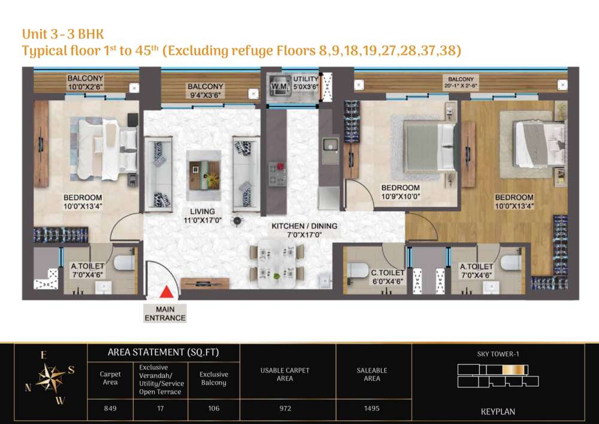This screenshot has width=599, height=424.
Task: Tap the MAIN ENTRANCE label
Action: [x=165, y=314]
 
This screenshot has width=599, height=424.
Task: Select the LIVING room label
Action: [x=202, y=216]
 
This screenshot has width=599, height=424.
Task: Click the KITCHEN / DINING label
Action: [x=304, y=230]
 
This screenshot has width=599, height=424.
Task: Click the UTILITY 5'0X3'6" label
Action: [x=305, y=83]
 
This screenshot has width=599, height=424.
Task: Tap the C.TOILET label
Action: [x=388, y=277]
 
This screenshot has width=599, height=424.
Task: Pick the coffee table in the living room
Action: [x=204, y=175]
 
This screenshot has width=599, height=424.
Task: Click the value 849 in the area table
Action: [x=110, y=408]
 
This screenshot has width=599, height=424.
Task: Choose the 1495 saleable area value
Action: [x=372, y=408]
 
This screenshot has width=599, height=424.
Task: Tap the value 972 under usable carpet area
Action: [x=285, y=408]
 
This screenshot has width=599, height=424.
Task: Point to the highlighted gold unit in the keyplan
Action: [x=513, y=369]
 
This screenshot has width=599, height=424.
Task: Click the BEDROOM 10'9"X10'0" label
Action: [x=400, y=192]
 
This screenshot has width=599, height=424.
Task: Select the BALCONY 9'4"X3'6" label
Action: [x=205, y=91]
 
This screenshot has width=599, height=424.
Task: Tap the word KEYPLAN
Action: [x=498, y=412]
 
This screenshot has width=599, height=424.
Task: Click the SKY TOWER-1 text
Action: [x=498, y=354]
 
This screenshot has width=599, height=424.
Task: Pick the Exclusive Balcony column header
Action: [x=214, y=378]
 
